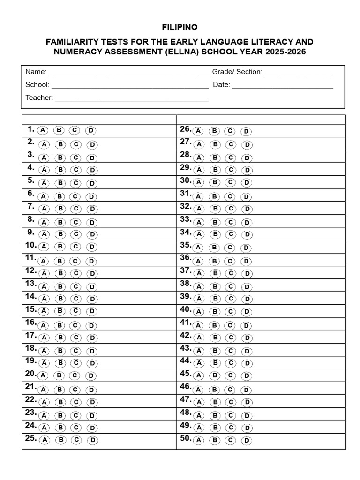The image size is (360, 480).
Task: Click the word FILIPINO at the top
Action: [x=180, y=28]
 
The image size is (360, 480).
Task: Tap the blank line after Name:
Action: [x=129, y=74]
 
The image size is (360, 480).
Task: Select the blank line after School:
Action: [x=130, y=87]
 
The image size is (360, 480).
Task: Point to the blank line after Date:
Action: [x=283, y=87]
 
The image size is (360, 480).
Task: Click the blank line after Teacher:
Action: [x=132, y=100]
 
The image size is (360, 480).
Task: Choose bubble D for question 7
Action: [x=92, y=209]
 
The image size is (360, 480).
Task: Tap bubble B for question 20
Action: [x=59, y=375]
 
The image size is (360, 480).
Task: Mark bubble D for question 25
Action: [x=93, y=440]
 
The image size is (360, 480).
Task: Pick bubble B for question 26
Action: [x=214, y=131]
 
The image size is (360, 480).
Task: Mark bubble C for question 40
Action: [x=230, y=312]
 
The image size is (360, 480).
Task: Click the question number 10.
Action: [x=30, y=245]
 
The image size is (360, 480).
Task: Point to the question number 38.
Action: [x=186, y=283]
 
